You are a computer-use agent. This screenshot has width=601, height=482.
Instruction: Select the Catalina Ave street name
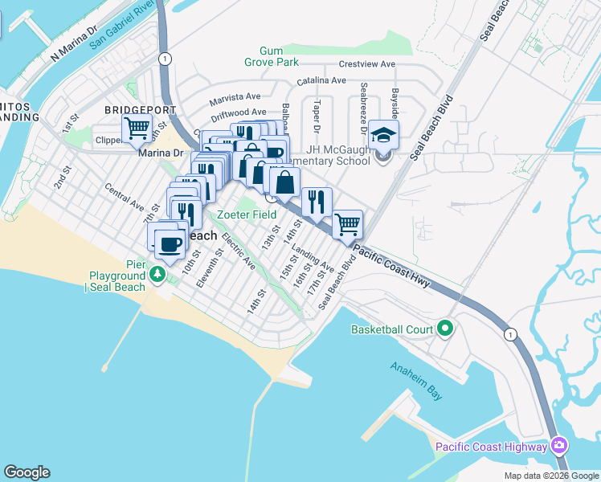321,80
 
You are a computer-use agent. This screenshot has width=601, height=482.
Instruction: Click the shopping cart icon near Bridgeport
137,127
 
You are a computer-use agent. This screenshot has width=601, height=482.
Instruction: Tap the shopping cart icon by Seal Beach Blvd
347,224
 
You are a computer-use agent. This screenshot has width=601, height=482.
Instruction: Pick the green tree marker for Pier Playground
159,275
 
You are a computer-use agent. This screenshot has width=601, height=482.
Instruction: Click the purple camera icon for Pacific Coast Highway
560,446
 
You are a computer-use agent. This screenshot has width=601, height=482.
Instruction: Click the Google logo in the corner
27,472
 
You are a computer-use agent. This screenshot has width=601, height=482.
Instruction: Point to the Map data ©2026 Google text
550,476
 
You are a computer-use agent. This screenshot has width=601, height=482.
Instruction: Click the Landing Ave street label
313,258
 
